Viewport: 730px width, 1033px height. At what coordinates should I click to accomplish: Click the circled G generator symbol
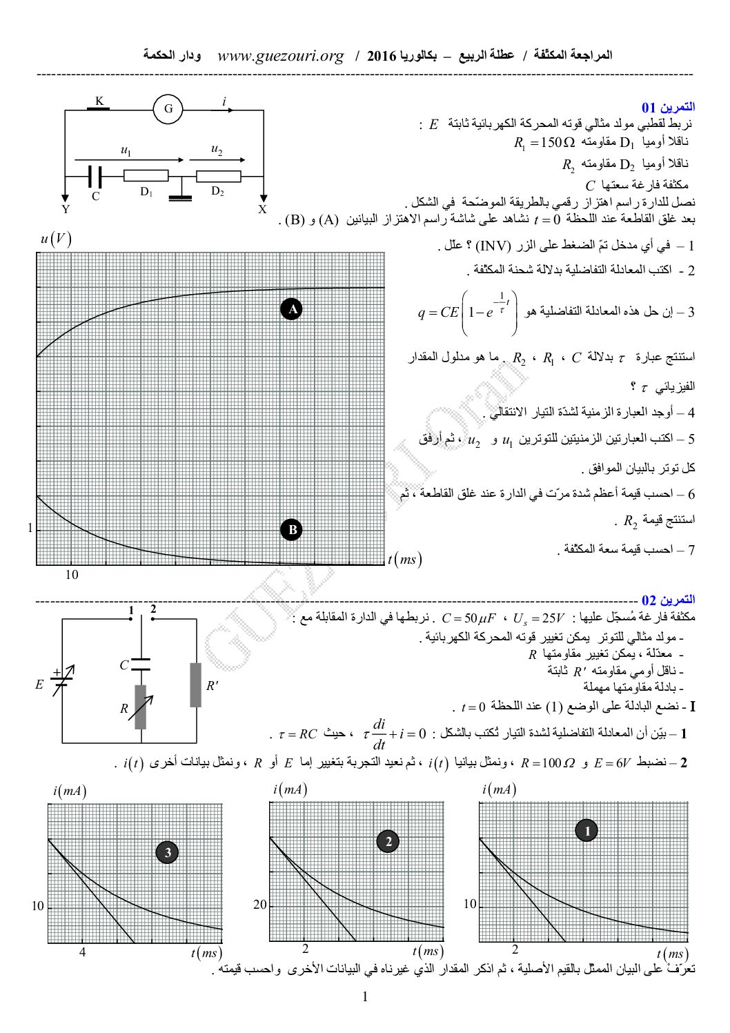click(168, 110)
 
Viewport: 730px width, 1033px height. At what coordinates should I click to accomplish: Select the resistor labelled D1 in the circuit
click(146, 176)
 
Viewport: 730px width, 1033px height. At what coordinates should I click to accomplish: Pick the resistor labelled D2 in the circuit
click(218, 176)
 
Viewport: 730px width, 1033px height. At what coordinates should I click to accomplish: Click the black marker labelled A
click(292, 310)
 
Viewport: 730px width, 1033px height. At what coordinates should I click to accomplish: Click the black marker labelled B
click(292, 530)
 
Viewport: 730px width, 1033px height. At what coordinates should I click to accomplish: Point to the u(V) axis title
click(56, 239)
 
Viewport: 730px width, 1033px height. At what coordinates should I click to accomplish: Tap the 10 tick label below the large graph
click(72, 574)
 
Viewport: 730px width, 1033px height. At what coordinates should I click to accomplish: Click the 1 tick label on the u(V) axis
click(30, 529)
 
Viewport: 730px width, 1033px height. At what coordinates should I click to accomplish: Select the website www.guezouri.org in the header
click(280, 56)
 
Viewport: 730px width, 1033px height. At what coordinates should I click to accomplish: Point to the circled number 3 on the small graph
click(168, 853)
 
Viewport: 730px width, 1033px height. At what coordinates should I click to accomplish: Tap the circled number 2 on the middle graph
click(388, 841)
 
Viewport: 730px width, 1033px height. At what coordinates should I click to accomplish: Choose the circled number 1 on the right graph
click(587, 831)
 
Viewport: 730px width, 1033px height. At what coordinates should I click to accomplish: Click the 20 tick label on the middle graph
click(259, 905)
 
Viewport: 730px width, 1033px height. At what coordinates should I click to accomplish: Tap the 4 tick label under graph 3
click(82, 953)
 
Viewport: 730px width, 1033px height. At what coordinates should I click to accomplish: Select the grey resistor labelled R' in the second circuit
click(196, 685)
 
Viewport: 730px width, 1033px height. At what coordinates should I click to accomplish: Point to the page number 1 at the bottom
click(365, 996)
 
